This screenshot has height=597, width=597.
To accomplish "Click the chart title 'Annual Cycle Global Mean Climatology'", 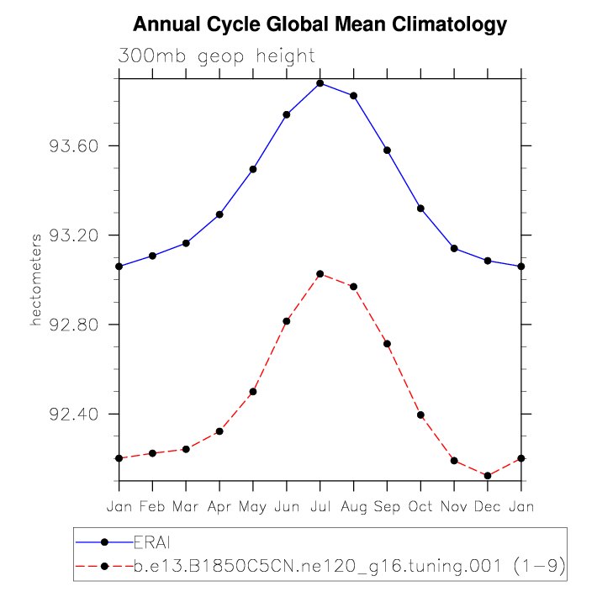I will (320, 24).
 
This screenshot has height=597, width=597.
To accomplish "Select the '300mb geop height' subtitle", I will (217, 57).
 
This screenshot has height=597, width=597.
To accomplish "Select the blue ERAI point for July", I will (320, 83).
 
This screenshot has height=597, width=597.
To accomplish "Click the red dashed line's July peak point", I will (320, 274).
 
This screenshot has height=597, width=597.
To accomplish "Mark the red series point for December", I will (488, 476).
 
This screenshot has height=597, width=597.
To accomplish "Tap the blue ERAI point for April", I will (219, 214).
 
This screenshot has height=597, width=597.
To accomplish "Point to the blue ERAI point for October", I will (420, 209).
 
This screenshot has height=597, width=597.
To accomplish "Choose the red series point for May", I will (253, 392).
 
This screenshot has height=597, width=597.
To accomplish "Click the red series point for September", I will (388, 344).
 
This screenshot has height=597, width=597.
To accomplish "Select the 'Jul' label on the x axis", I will (320, 507).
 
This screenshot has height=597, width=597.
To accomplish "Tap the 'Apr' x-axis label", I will (219, 507).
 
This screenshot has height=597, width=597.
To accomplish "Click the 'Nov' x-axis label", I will (454, 507).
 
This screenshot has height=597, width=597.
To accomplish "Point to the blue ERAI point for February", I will (152, 256).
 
